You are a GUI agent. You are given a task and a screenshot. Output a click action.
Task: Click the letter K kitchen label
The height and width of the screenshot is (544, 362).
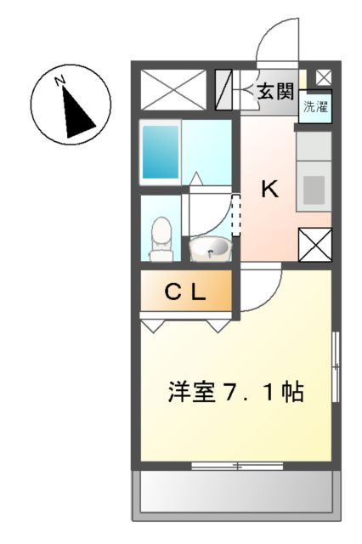(x=269, y=190)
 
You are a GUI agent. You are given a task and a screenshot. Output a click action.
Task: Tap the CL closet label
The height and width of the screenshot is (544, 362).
(x=185, y=293)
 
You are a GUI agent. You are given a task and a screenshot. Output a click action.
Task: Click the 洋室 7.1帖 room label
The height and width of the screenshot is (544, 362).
(x=235, y=393)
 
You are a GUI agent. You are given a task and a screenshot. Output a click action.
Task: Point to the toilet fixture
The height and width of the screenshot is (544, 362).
(x=160, y=238)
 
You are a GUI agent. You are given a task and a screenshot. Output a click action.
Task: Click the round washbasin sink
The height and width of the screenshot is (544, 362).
(x=209, y=249)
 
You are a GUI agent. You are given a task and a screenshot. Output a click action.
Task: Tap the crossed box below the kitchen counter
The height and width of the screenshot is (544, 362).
(x=314, y=245)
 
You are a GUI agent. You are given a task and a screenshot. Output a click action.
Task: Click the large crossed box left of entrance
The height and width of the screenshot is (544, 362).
(x=173, y=89)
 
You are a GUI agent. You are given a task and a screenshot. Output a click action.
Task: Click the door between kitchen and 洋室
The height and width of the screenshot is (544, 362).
(x=259, y=289)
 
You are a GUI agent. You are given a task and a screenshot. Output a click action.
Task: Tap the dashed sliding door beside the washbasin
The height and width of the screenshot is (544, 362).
(x=237, y=217)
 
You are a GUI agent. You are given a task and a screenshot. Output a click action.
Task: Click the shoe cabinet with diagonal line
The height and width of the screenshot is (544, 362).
(x=225, y=90)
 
